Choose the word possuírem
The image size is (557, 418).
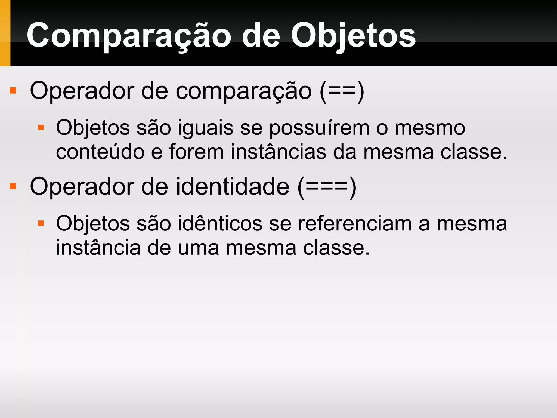point(319,128)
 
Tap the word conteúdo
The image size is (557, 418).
point(100,152)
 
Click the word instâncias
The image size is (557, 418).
point(278,152)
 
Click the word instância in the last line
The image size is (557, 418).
point(98,248)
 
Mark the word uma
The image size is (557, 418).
point(198,248)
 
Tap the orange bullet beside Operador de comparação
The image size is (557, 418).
point(13,90)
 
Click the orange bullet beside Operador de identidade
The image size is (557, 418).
point(13,186)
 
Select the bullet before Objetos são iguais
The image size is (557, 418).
point(41,127)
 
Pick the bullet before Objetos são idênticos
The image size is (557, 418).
point(41,223)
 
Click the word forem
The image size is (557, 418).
point(196,152)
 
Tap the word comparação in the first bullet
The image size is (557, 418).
point(243,91)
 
